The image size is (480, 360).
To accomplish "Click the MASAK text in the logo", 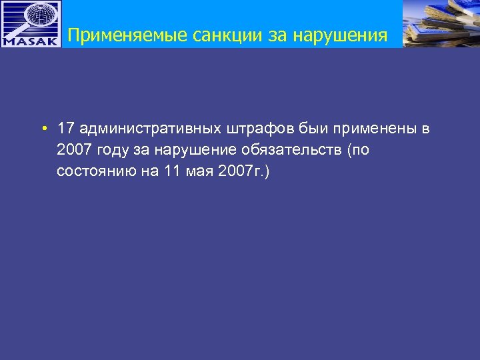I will click(x=31, y=40).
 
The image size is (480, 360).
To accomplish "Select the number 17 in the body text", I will click(x=65, y=128).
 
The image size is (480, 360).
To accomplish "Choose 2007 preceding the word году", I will click(x=73, y=149).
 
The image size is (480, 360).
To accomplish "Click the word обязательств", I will click(x=287, y=149).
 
